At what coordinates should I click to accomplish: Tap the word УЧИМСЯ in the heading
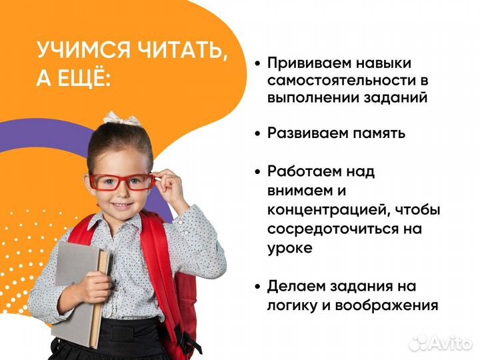point(83,51)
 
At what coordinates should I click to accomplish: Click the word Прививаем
point(307,63)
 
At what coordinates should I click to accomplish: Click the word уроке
point(290,247)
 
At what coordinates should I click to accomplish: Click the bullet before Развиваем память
point(257,133)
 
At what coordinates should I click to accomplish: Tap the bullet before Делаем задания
point(257,287)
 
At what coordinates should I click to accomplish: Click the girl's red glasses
point(121,181)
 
